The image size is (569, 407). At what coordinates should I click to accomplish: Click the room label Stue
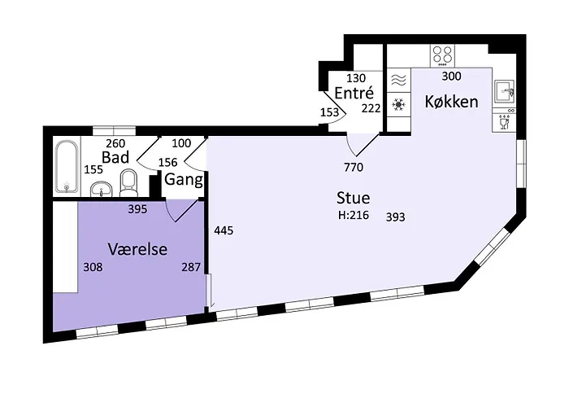354,198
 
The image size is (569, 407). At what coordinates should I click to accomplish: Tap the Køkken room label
451,103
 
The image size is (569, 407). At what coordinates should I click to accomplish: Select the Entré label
354,94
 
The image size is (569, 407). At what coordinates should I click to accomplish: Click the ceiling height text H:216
354,217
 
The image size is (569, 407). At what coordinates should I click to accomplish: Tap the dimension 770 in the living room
353,168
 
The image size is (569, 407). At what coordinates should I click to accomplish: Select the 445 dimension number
224,231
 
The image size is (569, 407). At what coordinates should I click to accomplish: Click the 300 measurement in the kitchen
452,77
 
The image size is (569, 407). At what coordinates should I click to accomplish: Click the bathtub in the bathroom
67,167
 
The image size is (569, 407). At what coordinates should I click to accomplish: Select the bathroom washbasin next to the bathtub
101,190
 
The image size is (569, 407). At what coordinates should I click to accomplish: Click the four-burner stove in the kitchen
443,55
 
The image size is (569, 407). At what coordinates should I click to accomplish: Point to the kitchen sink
504,89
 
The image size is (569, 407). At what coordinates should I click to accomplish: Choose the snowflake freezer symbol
398,104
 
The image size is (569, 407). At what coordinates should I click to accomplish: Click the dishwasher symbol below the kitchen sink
504,121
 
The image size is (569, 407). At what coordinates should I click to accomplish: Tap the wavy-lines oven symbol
398,80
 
